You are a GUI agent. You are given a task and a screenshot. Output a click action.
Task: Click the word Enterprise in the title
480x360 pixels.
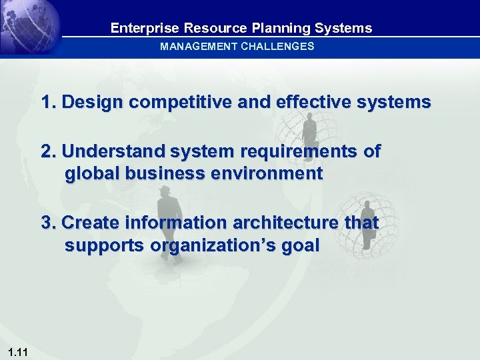coord(145,28)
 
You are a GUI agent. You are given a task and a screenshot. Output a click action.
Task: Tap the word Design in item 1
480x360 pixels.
coord(93,103)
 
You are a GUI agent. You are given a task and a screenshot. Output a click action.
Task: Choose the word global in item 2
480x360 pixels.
coord(90,174)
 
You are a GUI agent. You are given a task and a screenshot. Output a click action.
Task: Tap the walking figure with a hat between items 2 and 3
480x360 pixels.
coord(165,207)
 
